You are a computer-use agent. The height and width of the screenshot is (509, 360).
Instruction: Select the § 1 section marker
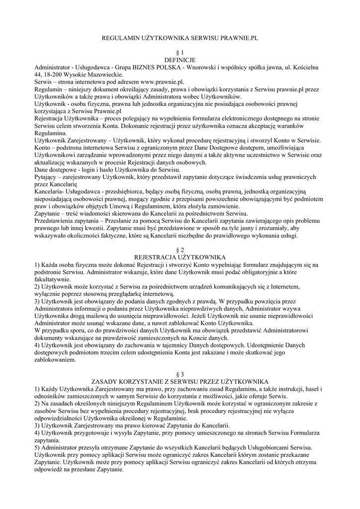[180, 52]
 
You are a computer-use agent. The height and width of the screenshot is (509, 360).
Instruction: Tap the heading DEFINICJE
[180, 59]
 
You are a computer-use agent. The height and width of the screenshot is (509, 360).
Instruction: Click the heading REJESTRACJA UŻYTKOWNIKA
[180, 256]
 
